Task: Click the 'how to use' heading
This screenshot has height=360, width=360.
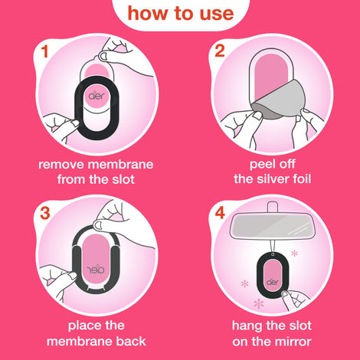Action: point(179,14)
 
